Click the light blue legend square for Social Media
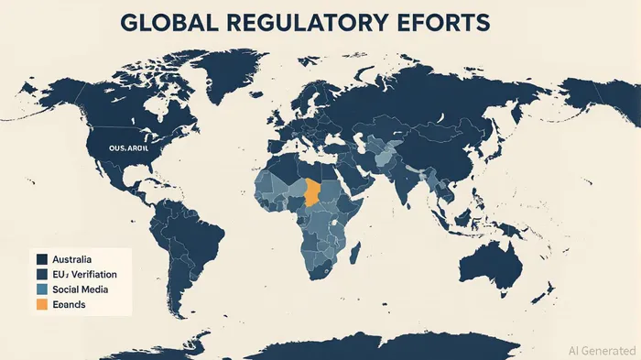[x=41, y=289]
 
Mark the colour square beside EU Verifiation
[x=41, y=274]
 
